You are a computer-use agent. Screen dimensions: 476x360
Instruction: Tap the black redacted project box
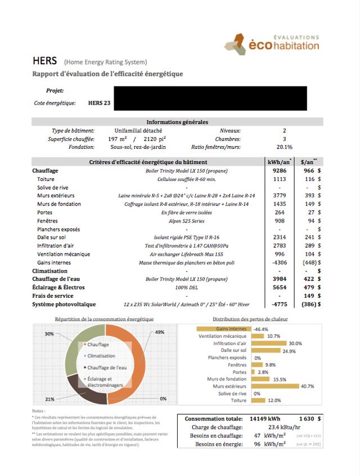210,98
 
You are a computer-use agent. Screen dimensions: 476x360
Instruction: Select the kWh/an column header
280,162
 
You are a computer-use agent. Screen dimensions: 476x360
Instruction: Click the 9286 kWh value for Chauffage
280,170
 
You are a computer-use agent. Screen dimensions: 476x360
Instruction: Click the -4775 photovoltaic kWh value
279,304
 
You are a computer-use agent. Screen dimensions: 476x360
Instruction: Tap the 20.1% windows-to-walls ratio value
284,147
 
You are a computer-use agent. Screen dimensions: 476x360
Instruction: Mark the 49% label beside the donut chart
160,332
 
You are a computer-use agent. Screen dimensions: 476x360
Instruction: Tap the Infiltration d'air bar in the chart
268,343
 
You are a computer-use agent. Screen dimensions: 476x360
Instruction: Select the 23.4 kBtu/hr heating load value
269,427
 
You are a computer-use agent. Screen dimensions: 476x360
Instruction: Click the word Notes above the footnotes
38,411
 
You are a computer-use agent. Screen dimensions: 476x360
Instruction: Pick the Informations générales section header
177,122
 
